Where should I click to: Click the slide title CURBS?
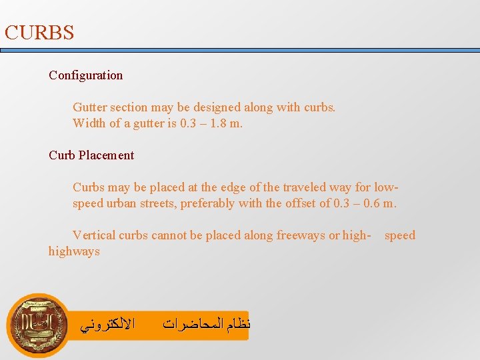click(39, 33)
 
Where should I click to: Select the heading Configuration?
click(85, 75)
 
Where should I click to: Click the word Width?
click(89, 123)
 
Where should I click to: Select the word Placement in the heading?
click(106, 155)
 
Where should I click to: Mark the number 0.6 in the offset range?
click(371, 203)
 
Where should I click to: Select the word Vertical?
click(94, 235)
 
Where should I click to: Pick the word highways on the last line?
click(74, 251)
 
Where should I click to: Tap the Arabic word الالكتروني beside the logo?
click(107, 325)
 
